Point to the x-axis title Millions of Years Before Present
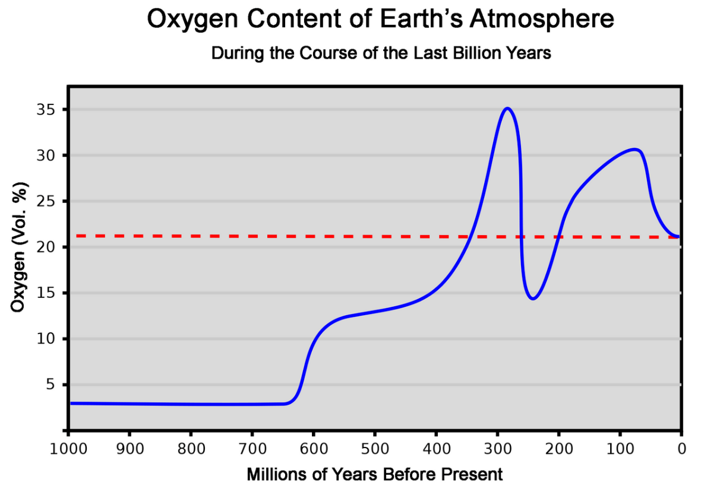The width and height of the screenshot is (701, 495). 374,475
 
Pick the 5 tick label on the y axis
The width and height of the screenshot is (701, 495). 53,385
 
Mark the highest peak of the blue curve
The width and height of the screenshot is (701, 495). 507,108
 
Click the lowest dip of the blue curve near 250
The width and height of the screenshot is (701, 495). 533,299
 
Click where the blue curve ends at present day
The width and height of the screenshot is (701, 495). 678,237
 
